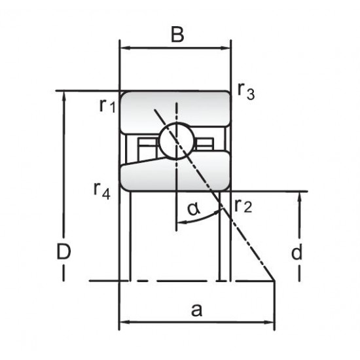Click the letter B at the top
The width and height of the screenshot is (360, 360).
coord(177,35)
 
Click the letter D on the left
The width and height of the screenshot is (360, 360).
coord(63,251)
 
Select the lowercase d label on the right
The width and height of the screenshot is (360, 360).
coord(297,251)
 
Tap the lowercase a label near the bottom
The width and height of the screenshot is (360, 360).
coord(197,310)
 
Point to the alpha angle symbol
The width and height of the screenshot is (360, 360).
coord(194,209)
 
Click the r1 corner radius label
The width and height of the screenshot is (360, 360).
coord(107,106)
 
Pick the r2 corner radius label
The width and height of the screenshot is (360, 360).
coord(243,206)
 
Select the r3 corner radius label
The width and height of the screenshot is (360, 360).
coord(246,92)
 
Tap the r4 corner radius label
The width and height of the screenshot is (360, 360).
coord(102,191)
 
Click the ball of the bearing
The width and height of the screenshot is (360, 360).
coord(177,141)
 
